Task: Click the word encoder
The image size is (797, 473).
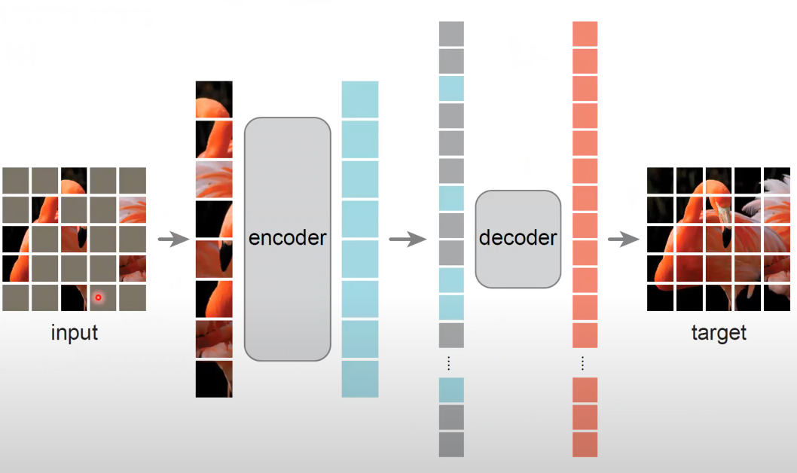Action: click(x=288, y=238)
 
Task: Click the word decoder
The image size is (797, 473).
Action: click(x=518, y=238)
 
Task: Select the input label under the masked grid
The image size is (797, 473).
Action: click(x=75, y=332)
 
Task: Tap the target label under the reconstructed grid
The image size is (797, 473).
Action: click(x=719, y=332)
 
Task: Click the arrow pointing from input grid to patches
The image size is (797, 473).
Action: click(x=173, y=240)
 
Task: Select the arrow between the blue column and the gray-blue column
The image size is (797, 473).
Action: click(x=408, y=240)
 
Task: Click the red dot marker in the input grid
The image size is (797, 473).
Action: click(x=98, y=298)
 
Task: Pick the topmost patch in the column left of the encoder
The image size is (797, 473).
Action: click(x=214, y=99)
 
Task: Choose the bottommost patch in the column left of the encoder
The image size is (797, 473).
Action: click(x=214, y=379)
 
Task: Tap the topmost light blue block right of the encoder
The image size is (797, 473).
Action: click(x=360, y=99)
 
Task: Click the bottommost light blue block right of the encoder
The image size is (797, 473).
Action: click(x=360, y=379)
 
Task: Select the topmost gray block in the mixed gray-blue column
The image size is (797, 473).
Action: click(x=451, y=33)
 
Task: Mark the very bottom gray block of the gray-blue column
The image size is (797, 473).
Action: click(x=451, y=444)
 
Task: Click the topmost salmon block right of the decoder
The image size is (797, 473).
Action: click(x=585, y=33)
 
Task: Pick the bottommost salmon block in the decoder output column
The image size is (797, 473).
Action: click(x=585, y=444)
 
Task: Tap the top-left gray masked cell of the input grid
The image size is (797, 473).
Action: click(x=15, y=180)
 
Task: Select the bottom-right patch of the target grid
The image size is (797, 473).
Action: click(x=777, y=298)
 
